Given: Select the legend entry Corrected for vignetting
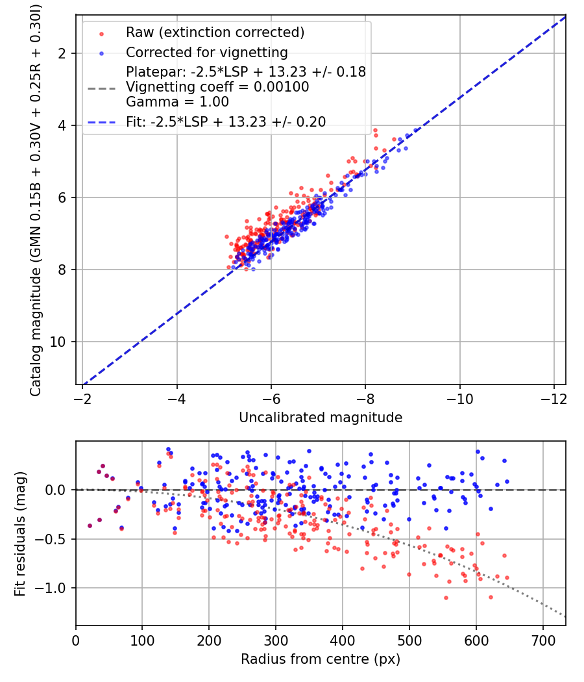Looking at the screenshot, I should (206, 52).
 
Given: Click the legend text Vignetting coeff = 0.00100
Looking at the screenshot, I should (217, 87).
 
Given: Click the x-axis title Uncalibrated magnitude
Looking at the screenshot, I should (321, 418).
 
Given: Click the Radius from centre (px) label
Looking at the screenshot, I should (321, 659).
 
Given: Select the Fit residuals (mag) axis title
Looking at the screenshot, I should (20, 534).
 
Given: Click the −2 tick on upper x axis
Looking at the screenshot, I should (82, 397).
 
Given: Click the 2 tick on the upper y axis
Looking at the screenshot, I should (65, 53).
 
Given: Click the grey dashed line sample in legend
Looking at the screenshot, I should (101, 87).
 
